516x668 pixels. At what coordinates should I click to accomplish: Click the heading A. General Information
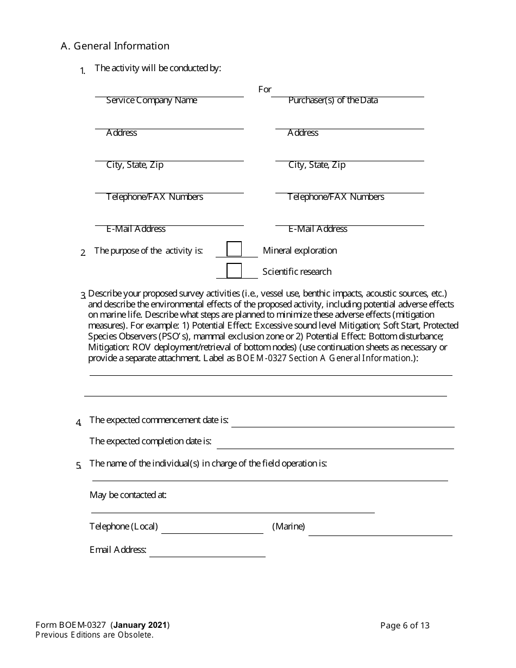click(x=115, y=46)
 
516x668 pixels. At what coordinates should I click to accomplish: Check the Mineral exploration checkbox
click(x=234, y=249)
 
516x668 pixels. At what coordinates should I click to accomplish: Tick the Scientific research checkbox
click(x=234, y=270)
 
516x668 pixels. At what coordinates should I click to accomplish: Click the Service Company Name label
click(x=152, y=100)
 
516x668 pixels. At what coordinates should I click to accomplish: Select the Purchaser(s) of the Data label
click(x=333, y=100)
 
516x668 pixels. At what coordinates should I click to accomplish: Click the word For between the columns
click(x=265, y=89)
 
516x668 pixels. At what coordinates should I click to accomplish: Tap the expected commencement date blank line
click(x=342, y=423)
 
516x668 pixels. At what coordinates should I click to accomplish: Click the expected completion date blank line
click(x=335, y=444)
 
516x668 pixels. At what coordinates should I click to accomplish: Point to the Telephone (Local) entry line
click(x=212, y=529)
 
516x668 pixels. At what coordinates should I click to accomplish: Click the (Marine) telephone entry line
click(x=380, y=531)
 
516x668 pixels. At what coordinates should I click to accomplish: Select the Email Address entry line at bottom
click(x=207, y=552)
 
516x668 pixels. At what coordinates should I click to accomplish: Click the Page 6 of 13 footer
click(x=405, y=626)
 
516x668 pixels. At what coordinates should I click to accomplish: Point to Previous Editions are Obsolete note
click(x=95, y=635)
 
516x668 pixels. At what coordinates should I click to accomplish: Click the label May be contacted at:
click(x=128, y=495)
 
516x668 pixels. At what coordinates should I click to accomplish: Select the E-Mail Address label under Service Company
click(x=136, y=229)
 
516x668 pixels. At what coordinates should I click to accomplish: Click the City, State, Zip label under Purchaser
click(x=317, y=165)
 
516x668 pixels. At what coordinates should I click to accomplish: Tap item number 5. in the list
click(x=79, y=465)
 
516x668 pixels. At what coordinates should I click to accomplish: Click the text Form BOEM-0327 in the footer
click(x=71, y=625)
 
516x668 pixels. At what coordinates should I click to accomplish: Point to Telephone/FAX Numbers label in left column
click(x=155, y=197)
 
